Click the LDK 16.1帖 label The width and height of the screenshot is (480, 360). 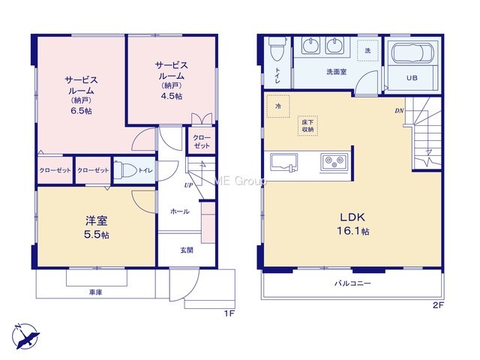353,224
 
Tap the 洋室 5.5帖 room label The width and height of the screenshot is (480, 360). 97,227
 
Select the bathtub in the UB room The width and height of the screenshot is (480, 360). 413,52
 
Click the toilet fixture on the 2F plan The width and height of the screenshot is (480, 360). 277,48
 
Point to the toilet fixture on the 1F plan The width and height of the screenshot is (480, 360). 125,169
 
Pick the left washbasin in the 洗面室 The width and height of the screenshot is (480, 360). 311,45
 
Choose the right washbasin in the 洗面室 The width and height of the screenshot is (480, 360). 335,45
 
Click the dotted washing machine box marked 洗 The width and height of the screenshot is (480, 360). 367,50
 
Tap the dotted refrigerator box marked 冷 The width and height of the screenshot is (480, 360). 278,106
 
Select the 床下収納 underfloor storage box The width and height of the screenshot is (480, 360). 307,125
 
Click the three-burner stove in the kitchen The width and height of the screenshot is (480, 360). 334,162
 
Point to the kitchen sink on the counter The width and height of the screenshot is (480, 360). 283,162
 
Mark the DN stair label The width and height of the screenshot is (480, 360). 399,111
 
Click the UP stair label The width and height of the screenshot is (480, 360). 188,185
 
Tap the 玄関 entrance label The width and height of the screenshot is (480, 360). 187,250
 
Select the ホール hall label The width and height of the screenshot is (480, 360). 180,211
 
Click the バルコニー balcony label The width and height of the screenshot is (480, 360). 352,283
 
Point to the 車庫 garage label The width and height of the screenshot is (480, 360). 95,292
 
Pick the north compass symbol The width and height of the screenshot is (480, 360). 25,336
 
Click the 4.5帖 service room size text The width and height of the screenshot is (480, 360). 172,96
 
